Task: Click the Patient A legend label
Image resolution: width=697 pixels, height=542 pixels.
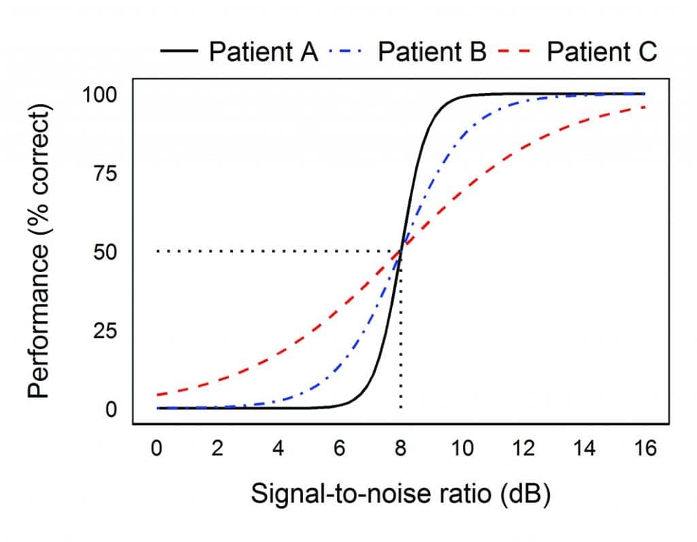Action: [263, 52]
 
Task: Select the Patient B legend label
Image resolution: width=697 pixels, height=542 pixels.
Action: [432, 52]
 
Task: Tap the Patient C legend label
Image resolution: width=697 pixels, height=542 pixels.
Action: [602, 52]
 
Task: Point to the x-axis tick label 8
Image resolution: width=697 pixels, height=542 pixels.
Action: [400, 449]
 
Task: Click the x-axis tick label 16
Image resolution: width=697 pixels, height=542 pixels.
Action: [644, 449]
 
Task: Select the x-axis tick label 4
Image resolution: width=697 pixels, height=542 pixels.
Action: [279, 449]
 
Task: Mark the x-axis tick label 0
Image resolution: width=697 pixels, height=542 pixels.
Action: [157, 449]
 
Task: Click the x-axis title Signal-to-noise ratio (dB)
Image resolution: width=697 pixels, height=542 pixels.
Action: [400, 494]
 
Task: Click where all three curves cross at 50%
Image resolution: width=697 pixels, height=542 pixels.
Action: [401, 251]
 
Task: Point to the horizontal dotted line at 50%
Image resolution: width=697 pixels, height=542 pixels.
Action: [272, 252]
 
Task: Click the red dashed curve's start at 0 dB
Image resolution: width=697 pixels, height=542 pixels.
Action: [159, 394]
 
